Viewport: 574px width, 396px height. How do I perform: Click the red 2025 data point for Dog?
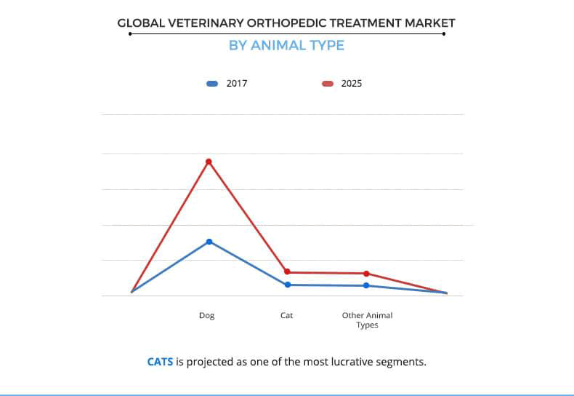point(209,162)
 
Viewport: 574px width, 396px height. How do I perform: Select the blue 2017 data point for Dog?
point(209,242)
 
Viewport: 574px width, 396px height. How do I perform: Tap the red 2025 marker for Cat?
point(288,272)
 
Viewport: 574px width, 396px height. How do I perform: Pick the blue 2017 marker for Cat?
point(288,285)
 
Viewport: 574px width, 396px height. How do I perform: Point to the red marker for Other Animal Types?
point(366,274)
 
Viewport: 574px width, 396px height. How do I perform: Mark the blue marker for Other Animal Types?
point(366,285)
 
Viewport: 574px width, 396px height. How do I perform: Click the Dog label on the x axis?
point(207,316)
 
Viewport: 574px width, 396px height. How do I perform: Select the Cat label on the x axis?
point(287,316)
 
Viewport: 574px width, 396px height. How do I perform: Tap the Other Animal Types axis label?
point(367,320)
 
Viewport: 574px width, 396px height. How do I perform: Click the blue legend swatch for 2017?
point(212,84)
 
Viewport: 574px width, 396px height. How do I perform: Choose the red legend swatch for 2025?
point(328,84)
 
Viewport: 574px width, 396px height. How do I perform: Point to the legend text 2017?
point(237,84)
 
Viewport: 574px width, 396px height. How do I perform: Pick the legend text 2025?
point(352,84)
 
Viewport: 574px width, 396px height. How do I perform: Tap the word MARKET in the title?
point(427,23)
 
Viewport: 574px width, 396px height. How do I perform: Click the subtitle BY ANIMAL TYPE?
point(286,45)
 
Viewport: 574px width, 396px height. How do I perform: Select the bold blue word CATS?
point(160,361)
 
